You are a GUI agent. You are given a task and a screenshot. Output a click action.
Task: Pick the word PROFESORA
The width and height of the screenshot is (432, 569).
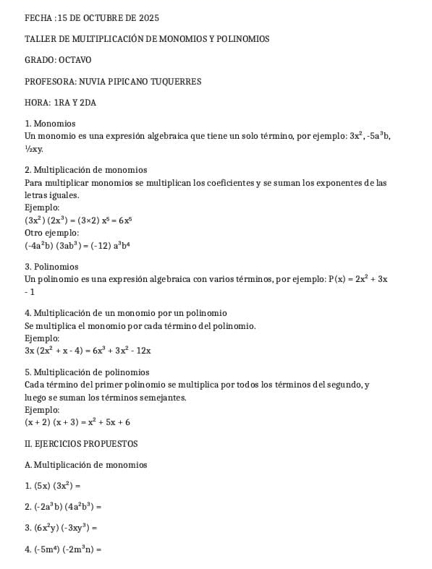[x=50, y=81]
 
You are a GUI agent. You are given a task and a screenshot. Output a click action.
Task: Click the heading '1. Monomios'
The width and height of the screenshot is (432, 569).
[x=50, y=124]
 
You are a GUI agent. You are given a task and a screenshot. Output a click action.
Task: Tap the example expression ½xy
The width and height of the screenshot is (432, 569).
[x=34, y=149]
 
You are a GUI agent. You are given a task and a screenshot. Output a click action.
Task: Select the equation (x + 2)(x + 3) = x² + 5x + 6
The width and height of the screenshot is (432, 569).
[x=77, y=422]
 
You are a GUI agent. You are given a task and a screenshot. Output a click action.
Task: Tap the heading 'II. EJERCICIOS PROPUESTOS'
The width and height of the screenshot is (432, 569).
[x=80, y=443]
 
